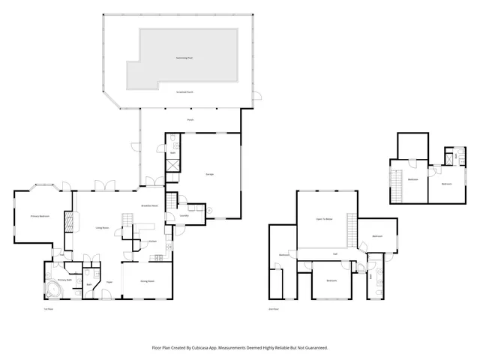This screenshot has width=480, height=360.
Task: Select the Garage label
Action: (210, 174)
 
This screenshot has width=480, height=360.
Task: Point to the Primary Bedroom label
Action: (40, 216)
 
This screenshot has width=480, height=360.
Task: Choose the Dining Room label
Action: (147, 280)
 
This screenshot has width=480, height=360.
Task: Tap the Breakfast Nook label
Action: (149, 205)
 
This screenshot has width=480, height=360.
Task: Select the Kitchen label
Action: (151, 241)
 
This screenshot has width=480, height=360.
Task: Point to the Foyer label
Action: (109, 282)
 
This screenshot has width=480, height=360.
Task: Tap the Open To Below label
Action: (324, 219)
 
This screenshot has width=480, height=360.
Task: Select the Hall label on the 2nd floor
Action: (335, 254)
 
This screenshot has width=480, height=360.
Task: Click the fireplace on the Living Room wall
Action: (70, 221)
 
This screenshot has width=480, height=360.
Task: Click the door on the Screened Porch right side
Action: (256, 96)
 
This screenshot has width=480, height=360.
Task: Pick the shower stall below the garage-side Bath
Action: (172, 163)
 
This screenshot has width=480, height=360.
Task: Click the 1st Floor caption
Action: (48, 308)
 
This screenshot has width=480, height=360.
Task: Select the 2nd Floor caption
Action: (273, 308)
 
